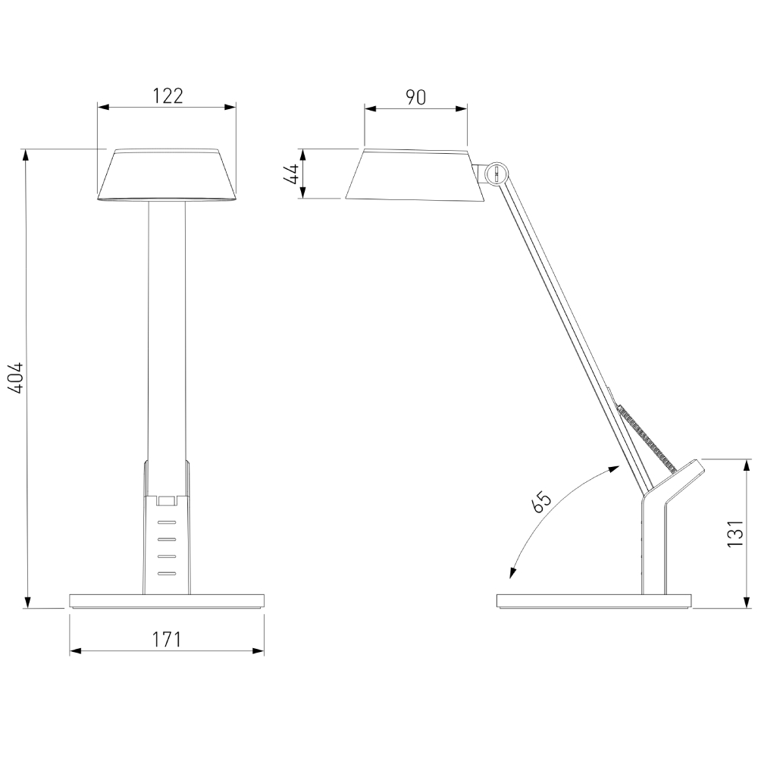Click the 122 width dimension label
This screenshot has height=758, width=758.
point(168,96)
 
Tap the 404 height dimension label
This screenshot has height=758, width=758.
point(15,377)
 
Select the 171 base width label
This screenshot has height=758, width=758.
point(167,639)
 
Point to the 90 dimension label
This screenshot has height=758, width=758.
point(415,97)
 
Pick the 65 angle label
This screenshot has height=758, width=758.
point(541,502)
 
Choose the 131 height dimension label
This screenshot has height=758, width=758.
point(734,533)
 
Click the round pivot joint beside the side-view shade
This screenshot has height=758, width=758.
point(496,173)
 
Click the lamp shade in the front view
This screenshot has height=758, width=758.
point(167,174)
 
